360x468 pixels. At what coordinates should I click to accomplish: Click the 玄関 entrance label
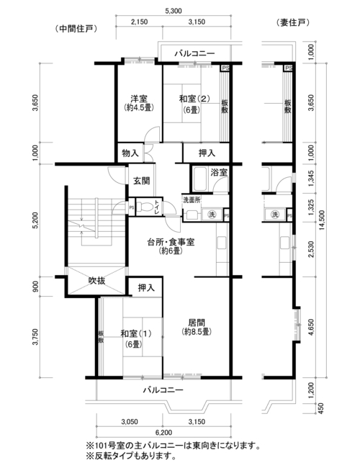(141, 181)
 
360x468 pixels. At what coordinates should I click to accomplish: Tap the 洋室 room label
(139, 98)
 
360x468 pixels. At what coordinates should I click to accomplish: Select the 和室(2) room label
(194, 98)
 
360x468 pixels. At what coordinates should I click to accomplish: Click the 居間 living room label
(197, 323)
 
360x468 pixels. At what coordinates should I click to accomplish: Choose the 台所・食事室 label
(171, 242)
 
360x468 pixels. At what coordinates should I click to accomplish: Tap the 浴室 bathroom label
(219, 172)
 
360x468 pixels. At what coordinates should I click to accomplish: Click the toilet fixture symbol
(145, 207)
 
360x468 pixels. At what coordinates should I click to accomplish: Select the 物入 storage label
(130, 153)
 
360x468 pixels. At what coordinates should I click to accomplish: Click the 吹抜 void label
(96, 281)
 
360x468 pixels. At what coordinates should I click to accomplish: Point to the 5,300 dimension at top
(173, 11)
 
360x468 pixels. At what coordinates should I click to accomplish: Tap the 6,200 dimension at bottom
(163, 433)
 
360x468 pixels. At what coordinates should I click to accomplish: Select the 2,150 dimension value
(139, 22)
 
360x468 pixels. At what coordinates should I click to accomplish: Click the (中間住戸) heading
(76, 29)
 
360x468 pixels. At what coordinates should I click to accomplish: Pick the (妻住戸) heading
(293, 23)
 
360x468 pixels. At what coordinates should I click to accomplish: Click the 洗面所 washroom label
(192, 199)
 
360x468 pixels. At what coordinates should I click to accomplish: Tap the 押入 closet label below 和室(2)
(207, 153)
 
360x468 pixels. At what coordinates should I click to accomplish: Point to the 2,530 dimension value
(311, 249)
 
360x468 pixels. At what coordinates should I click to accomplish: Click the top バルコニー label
(194, 54)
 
